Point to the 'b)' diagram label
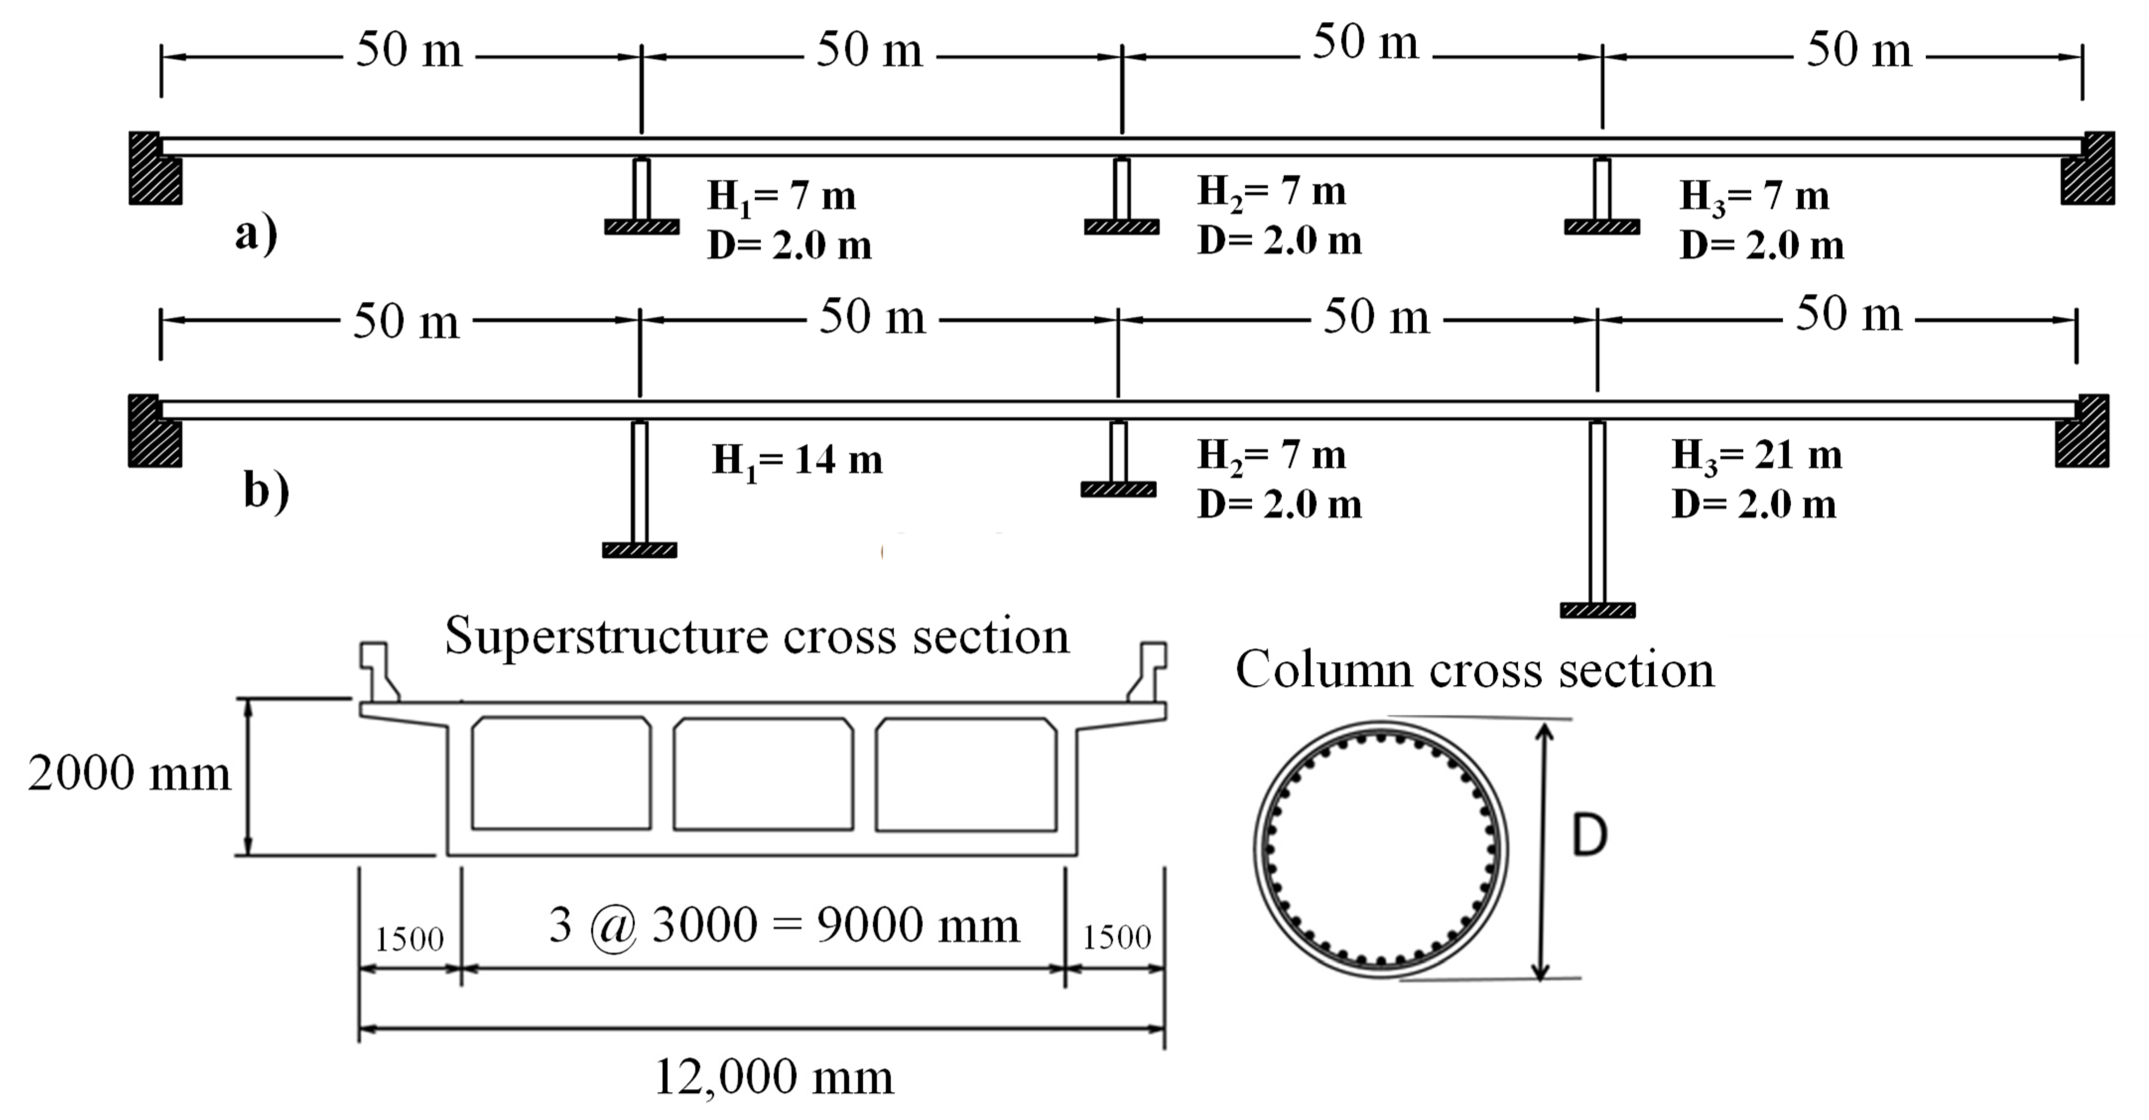click(x=266, y=490)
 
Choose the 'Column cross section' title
click(x=1474, y=670)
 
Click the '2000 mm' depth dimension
click(x=129, y=773)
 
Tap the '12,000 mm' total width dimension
click(x=773, y=1077)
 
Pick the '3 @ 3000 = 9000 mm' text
click(x=784, y=925)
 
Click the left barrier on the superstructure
click(x=378, y=670)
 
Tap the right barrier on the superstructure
click(x=1149, y=670)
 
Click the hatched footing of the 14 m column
click(x=639, y=550)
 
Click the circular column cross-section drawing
click(x=1381, y=849)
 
